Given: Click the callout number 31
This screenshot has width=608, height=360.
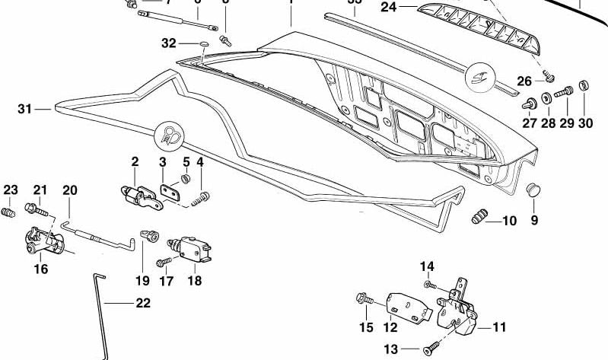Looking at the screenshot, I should click(x=24, y=110).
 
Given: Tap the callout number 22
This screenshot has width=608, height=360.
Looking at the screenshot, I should click(x=142, y=303).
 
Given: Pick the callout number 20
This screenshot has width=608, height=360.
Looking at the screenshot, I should click(x=70, y=190).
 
